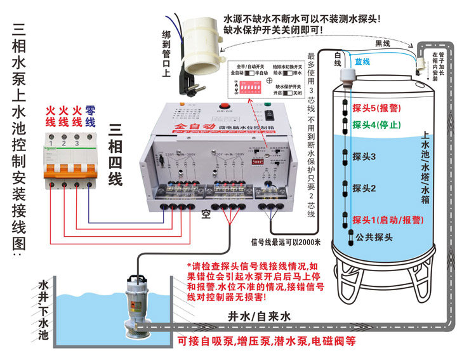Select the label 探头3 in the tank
(x=364, y=156)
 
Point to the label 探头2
(x=364, y=188)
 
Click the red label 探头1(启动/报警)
(x=388, y=220)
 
